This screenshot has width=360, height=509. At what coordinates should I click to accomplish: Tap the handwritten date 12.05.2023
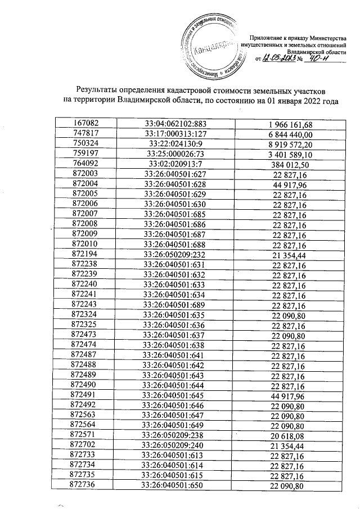coord(279,58)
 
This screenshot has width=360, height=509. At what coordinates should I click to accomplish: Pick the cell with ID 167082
coord(86,124)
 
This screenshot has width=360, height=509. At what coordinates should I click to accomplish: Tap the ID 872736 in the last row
coord(86,485)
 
